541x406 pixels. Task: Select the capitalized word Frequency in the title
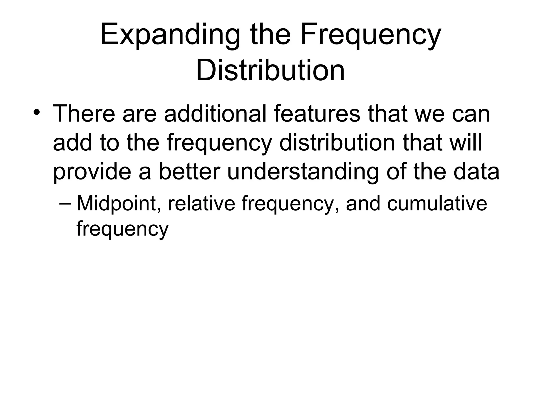click(x=370, y=36)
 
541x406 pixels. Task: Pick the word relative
click(x=201, y=204)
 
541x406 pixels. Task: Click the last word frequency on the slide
click(x=122, y=229)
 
